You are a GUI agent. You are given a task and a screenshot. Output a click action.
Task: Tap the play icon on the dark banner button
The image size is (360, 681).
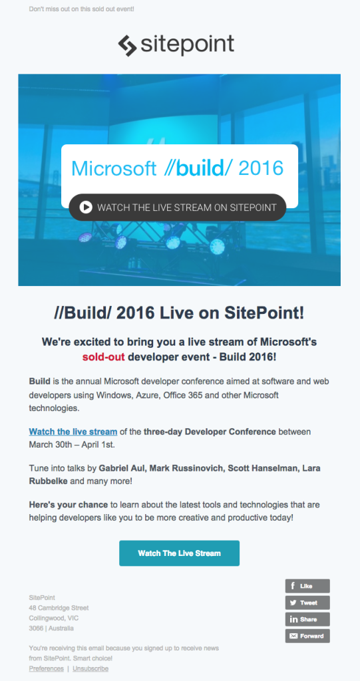86,207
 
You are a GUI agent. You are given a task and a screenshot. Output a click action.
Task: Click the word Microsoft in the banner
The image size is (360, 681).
114,168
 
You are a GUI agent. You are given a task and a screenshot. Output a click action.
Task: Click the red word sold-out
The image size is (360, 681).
104,357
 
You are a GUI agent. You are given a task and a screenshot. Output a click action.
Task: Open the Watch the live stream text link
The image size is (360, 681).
73,432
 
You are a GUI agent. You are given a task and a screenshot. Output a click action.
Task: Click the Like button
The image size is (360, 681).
307,586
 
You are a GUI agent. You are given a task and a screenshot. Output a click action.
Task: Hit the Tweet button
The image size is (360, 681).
307,603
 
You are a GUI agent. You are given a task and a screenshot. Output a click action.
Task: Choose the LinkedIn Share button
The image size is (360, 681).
307,619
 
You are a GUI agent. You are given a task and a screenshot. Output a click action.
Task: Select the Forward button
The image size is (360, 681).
307,636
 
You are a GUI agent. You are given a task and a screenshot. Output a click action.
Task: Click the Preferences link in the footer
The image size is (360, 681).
46,669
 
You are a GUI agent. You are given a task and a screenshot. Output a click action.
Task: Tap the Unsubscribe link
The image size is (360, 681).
90,669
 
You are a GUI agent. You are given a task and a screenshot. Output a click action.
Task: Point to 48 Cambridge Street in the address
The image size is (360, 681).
59,608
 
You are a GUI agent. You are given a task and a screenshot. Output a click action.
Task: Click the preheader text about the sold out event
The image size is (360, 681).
81,9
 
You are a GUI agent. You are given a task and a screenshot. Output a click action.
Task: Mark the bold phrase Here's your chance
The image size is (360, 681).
69,505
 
